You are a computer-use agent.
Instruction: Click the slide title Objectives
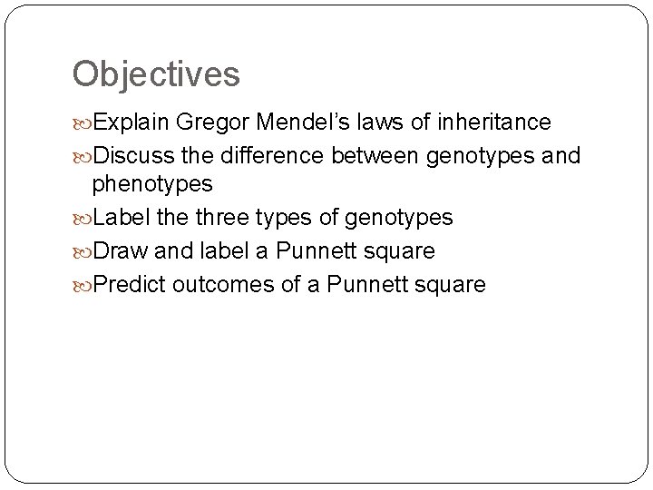point(156,74)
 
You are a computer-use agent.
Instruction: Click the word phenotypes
point(152,185)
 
